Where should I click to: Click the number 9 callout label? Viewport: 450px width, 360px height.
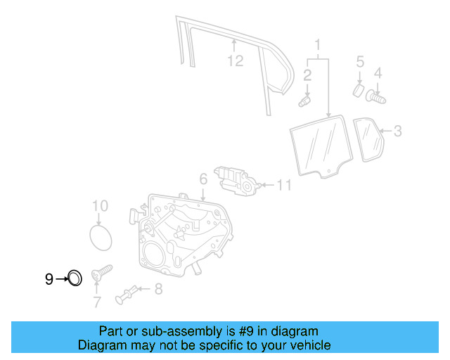[x=49, y=280]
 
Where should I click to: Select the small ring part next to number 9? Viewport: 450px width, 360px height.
[x=74, y=279]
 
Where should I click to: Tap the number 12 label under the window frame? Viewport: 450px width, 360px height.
[x=235, y=61]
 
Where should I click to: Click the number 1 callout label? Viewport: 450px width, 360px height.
[x=318, y=48]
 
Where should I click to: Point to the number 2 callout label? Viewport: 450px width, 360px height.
[x=307, y=75]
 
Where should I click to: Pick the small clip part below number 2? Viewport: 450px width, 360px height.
[x=304, y=102]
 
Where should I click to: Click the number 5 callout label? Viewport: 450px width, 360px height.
[x=359, y=63]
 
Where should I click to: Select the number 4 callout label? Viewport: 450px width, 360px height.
[x=378, y=72]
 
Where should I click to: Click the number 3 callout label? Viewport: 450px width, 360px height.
[x=397, y=130]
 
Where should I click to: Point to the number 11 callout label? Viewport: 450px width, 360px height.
[x=283, y=186]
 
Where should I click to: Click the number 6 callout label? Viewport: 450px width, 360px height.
[x=202, y=180]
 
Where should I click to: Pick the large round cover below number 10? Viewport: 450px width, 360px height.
[x=101, y=236]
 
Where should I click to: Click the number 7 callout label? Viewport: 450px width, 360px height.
[x=97, y=303]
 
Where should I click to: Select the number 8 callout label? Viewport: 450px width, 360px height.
[x=158, y=288]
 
